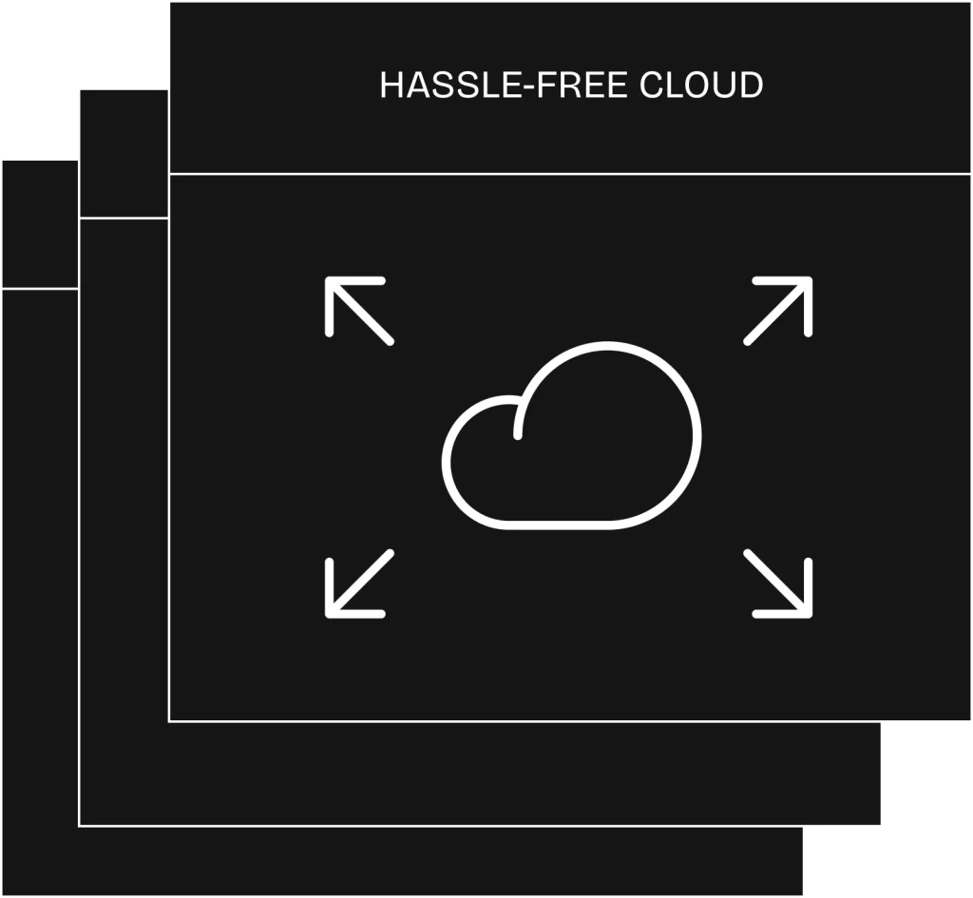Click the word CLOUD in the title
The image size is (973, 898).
(701, 85)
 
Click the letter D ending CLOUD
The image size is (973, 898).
(751, 85)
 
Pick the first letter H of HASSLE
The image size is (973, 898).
(392, 85)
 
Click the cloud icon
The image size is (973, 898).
(571, 435)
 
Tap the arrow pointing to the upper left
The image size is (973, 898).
(358, 310)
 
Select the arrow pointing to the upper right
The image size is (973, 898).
(779, 310)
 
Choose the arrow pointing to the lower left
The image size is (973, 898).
(358, 584)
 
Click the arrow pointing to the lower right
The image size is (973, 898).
(779, 584)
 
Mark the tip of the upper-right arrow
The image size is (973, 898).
(810, 280)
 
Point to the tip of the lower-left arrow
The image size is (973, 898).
(329, 615)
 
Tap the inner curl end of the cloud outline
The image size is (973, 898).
(518, 436)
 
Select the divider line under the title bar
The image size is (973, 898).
(570, 175)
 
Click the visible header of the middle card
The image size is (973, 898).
(124, 153)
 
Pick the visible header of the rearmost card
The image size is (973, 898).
(40, 224)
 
